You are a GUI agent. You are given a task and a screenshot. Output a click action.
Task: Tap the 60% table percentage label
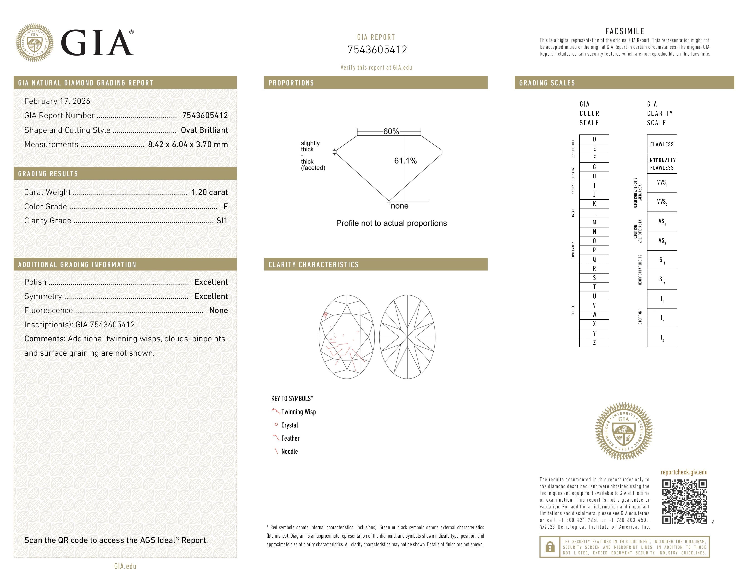tap(391, 131)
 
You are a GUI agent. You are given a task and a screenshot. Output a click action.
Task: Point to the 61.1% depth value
tap(405, 161)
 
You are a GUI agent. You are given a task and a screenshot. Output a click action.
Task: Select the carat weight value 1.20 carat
tap(209, 192)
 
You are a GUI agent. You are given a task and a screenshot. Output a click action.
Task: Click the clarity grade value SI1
tap(222, 221)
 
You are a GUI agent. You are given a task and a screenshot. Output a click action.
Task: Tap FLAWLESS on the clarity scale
tap(662, 144)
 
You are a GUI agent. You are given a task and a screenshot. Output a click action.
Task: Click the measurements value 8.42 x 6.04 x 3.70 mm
tap(188, 145)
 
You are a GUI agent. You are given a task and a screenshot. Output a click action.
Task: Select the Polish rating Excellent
tap(211, 282)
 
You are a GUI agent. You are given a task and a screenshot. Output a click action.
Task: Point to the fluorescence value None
tap(219, 310)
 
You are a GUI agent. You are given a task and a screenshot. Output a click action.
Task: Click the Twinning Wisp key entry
tap(298, 412)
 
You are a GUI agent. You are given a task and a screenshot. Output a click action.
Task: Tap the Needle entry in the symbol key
tap(289, 451)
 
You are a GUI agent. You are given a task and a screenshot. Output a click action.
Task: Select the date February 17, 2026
tap(57, 101)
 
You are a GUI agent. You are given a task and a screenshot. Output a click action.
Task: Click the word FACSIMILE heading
tap(625, 31)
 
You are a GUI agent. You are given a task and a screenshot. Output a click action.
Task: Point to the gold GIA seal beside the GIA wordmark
tap(34, 43)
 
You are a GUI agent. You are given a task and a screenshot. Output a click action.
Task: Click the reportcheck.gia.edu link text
tap(684, 472)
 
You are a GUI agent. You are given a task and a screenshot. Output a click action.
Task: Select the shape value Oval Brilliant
tap(204, 130)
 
